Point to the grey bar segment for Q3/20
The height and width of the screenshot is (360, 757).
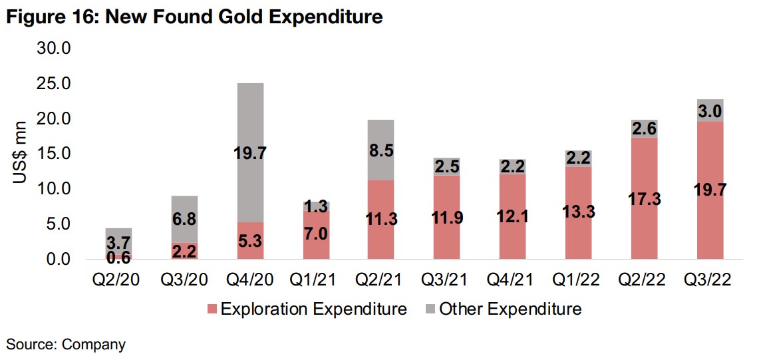click(185, 219)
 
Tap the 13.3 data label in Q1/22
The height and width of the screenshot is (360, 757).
click(578, 212)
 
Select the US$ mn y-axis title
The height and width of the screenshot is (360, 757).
click(22, 154)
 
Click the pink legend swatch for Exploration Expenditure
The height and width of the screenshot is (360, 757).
click(212, 309)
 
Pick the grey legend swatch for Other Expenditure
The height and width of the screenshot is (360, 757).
click(429, 309)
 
